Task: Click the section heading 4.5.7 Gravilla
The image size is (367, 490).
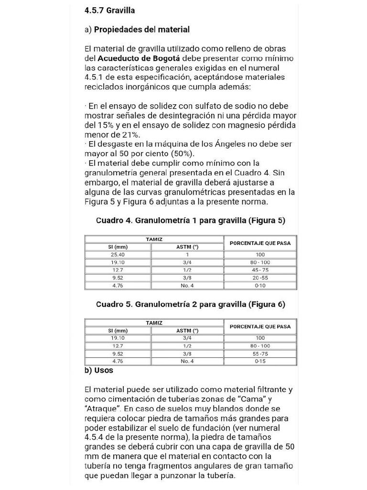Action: coord(109,10)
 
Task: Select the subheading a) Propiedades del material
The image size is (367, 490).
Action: coord(137,30)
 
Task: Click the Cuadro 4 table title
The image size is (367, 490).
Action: coord(191,221)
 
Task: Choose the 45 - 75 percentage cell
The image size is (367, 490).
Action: coord(260,270)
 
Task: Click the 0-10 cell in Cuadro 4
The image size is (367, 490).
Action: coord(260,286)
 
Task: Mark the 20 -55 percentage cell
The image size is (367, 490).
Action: coord(260,278)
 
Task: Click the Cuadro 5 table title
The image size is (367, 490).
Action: coord(191,304)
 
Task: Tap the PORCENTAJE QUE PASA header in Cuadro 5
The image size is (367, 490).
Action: coord(260,326)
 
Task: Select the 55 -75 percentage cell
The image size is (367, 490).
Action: coord(260,354)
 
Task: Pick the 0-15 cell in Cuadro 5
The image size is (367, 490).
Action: coord(260,361)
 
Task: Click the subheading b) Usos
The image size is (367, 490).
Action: coord(99,370)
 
